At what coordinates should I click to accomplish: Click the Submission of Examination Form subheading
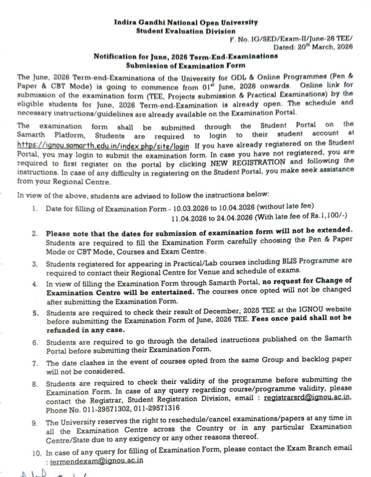[185, 65]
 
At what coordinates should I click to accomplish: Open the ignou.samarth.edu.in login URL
[103, 145]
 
